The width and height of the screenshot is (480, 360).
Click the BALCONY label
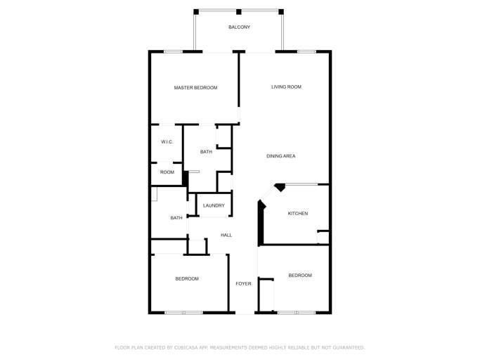click(239, 27)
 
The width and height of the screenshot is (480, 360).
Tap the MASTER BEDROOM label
click(195, 88)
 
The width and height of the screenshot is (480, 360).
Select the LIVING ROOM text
click(286, 87)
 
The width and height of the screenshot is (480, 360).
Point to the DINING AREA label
click(280, 156)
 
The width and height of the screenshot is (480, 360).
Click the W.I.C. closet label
click(167, 142)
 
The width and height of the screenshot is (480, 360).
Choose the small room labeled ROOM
click(167, 172)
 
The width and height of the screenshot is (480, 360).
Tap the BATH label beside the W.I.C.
click(206, 152)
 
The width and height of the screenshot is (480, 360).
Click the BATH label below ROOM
click(176, 218)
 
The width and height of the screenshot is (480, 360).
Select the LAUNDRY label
click(214, 206)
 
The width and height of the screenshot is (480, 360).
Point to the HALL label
click(226, 235)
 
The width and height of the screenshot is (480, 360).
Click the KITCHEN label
click(297, 214)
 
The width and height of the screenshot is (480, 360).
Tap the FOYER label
click(243, 284)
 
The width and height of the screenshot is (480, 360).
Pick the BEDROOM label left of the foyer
click(187, 279)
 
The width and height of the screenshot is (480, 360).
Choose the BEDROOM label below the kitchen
click(300, 276)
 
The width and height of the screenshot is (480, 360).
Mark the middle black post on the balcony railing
click(239, 11)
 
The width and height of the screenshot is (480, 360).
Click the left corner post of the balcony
click(196, 11)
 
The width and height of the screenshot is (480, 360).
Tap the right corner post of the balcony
click(281, 11)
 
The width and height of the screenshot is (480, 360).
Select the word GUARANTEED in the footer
click(346, 347)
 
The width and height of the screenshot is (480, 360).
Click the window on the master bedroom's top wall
click(174, 51)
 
